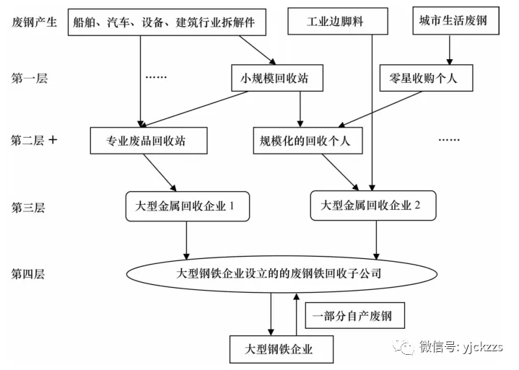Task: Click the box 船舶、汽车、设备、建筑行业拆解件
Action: (164, 22)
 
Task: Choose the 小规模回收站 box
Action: (274, 78)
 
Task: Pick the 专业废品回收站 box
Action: (150, 141)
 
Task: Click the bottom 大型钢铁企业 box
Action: (282, 350)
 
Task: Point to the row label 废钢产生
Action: (32, 22)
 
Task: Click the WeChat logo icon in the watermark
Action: (404, 347)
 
